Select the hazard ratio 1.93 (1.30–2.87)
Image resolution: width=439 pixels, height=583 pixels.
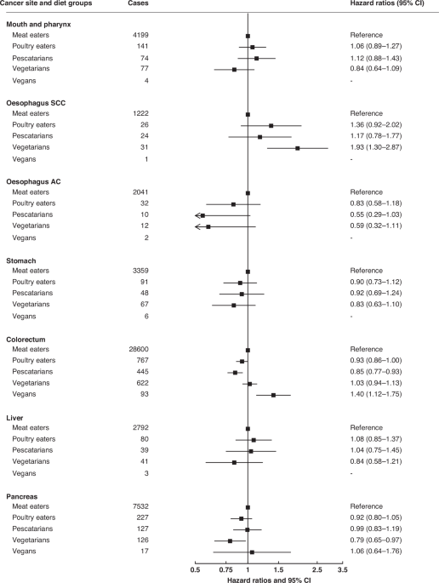pyautogui.click(x=382, y=147)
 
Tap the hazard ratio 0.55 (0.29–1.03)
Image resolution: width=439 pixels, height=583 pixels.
pyautogui.click(x=382, y=215)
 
